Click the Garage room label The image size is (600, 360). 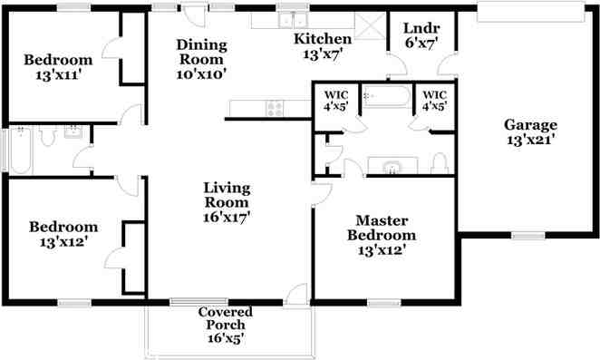[x=530, y=125]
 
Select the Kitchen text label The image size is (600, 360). [x=322, y=39]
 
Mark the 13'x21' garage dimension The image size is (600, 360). [x=530, y=140]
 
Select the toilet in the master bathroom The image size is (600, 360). [x=440, y=163]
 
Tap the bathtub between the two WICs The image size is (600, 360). [x=386, y=96]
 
